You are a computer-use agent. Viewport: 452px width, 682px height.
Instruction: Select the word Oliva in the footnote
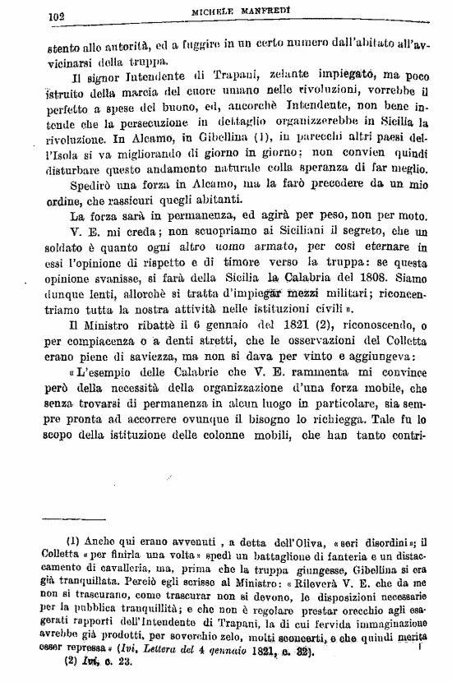click(287, 542)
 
